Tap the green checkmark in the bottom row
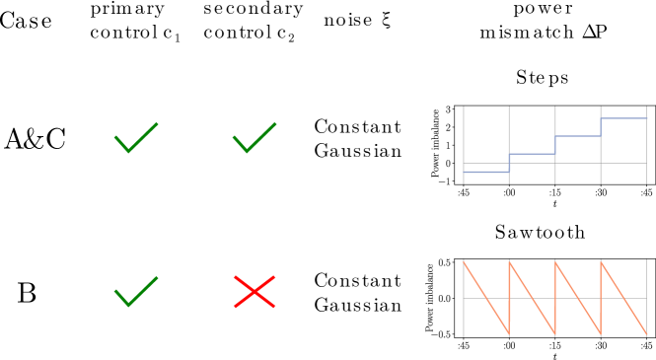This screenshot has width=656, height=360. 134,293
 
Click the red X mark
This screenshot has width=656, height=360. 255,292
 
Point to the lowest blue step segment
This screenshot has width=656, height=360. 486,172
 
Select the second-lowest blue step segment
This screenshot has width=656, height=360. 532,154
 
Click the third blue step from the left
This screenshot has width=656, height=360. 578,136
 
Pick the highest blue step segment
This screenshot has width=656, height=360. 623,118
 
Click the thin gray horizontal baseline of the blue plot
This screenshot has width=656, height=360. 582,163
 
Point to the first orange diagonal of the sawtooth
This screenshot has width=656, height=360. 486,299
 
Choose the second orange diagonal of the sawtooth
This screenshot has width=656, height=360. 533,299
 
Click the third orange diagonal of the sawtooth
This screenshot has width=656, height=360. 578,299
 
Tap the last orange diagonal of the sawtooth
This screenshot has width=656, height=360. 623,299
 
